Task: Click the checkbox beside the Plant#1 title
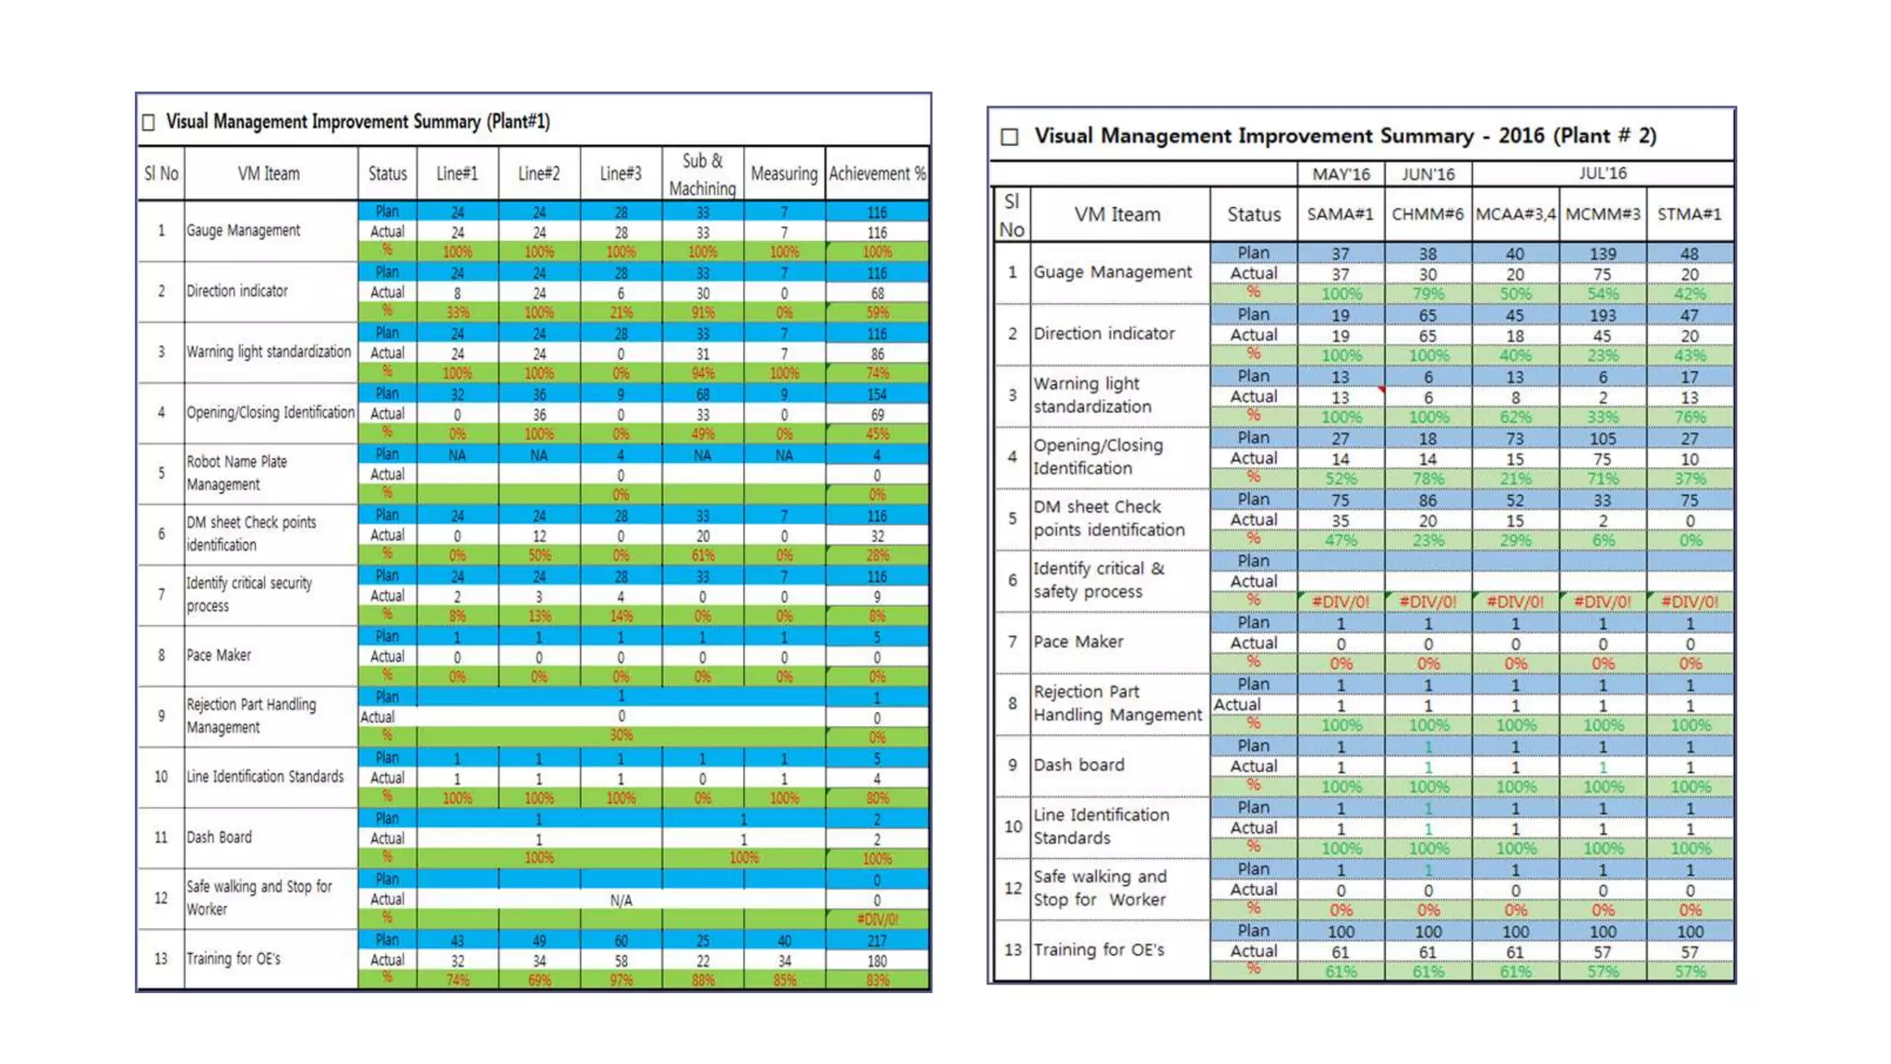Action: [x=149, y=122]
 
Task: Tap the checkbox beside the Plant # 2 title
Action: [x=1009, y=137]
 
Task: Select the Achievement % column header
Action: [x=876, y=174]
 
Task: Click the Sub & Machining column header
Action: [x=702, y=174]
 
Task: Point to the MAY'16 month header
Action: [x=1341, y=174]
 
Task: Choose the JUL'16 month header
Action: [x=1602, y=174]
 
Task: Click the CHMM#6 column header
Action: [x=1427, y=214]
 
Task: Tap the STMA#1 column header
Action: [x=1689, y=214]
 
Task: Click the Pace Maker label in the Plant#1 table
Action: [x=219, y=655]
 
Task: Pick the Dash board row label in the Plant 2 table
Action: [x=1078, y=765]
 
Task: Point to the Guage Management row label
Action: [x=1113, y=272]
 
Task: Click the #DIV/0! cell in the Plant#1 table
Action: [x=876, y=919]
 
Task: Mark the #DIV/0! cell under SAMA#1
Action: [x=1341, y=601]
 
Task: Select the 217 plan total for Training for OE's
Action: [x=876, y=940]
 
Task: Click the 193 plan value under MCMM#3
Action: [x=1602, y=315]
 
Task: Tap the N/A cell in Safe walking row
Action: [x=620, y=900]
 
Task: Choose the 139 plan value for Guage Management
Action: [x=1602, y=253]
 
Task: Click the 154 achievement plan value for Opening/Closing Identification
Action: [x=876, y=394]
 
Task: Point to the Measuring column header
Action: [x=784, y=174]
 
